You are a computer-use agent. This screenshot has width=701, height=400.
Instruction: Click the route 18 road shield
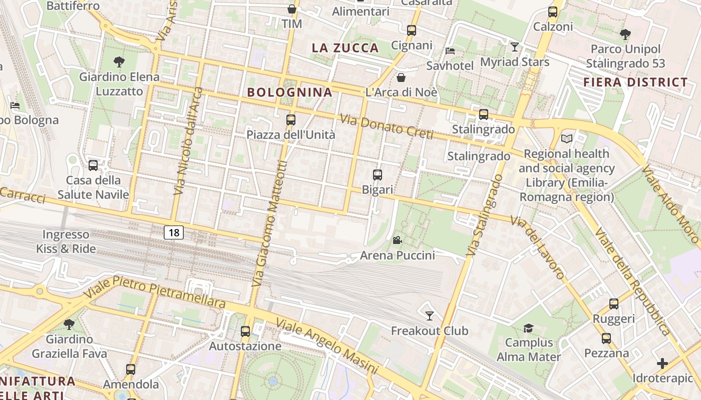[x=174, y=232]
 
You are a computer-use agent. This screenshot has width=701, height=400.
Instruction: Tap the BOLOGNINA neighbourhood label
[x=290, y=92]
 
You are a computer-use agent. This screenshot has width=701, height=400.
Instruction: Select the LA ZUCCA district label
[x=345, y=48]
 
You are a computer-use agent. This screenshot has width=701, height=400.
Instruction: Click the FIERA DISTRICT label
[x=635, y=82]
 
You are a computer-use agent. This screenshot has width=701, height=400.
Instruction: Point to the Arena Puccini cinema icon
[x=397, y=240]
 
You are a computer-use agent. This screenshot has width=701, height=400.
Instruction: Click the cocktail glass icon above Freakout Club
[x=429, y=315]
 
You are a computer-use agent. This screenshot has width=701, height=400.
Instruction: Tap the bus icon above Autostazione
[x=245, y=331]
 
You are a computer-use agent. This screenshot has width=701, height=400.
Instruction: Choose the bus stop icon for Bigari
[x=378, y=175]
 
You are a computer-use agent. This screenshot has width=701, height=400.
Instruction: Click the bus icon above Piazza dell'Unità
[x=290, y=120]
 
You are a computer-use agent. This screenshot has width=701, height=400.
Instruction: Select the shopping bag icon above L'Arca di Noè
[x=401, y=77]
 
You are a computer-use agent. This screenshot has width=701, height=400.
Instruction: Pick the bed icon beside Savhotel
[x=450, y=51]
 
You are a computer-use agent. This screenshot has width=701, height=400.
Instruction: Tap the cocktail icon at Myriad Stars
[x=514, y=47]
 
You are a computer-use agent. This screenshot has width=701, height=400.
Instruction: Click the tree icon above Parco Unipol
[x=625, y=34]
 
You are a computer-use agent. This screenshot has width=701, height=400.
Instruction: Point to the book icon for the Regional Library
[x=566, y=138]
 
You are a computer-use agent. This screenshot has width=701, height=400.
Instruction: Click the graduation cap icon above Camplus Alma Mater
[x=528, y=328]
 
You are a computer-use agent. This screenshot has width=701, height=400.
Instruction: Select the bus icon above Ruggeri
[x=613, y=303]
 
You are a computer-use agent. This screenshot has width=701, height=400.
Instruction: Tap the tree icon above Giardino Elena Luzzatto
[x=119, y=62]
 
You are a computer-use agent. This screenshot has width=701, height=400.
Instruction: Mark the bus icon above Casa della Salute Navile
[x=93, y=165]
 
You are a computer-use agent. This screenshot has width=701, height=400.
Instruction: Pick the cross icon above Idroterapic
[x=662, y=363]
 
